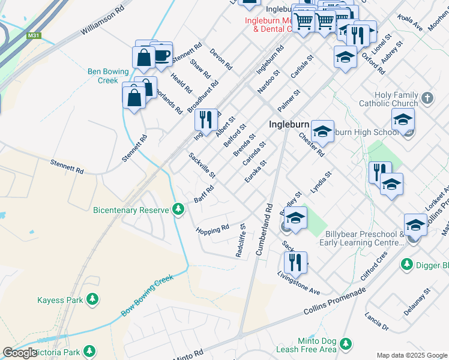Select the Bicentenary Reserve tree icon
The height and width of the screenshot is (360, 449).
click(x=178, y=209)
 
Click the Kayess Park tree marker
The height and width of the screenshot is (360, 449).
click(x=92, y=299)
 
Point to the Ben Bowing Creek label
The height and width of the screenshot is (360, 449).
click(x=103, y=76)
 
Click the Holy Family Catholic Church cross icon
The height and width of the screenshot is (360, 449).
click(x=427, y=98)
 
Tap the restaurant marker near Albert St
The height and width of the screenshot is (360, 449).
click(x=206, y=119)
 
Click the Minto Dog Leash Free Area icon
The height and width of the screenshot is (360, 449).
click(x=345, y=344)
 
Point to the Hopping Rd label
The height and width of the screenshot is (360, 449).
click(x=212, y=229)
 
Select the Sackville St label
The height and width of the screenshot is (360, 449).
click(x=202, y=165)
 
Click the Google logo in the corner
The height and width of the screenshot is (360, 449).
click(x=20, y=352)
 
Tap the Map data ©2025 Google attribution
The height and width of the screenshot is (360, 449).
click(x=412, y=355)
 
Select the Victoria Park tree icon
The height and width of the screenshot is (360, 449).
click(x=89, y=350)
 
